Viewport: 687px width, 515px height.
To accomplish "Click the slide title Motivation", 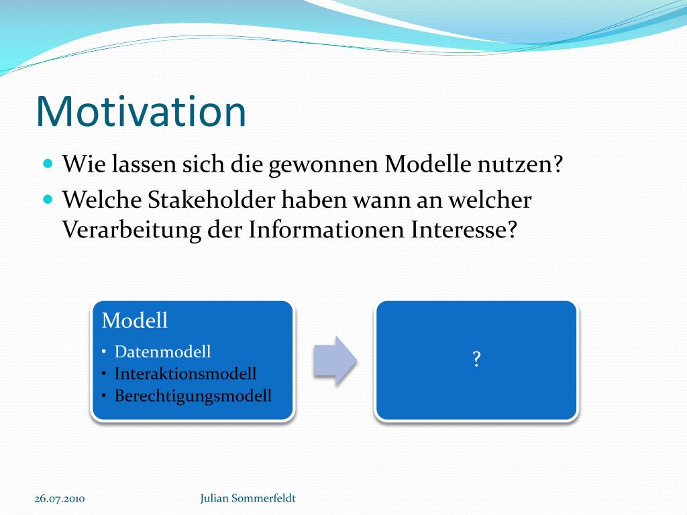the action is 141,111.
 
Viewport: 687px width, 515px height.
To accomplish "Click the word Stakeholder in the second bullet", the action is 211,200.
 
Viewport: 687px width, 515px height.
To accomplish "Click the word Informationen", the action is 326,229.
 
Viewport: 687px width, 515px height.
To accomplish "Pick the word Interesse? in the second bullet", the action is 464,229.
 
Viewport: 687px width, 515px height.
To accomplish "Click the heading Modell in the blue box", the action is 134,320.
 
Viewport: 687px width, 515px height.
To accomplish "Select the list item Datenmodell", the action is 162,351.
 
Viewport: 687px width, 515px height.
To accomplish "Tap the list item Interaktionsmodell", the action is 185,374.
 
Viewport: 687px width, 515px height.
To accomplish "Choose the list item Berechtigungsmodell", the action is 193,396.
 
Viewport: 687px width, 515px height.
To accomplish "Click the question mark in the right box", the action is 477,359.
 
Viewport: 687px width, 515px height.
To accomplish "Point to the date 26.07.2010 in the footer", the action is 60,499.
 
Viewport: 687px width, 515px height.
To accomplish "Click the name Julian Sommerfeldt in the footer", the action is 248,498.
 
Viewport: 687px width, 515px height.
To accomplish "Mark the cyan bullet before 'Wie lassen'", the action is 48,164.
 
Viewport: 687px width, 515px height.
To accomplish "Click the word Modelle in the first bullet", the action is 428,164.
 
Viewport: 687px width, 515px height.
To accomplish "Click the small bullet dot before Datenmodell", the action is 104,351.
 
